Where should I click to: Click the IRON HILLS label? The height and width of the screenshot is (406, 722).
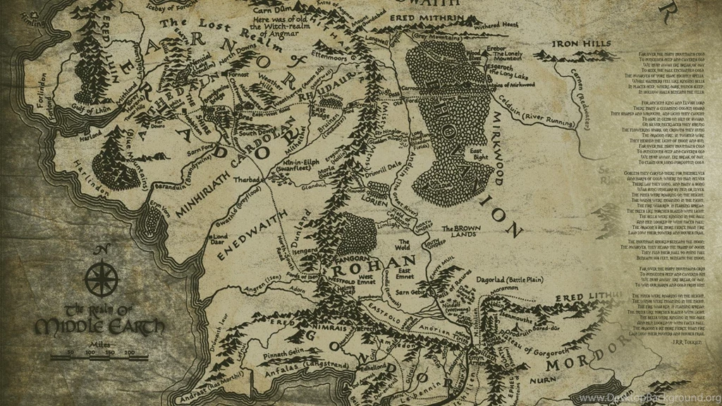click(582, 44)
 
